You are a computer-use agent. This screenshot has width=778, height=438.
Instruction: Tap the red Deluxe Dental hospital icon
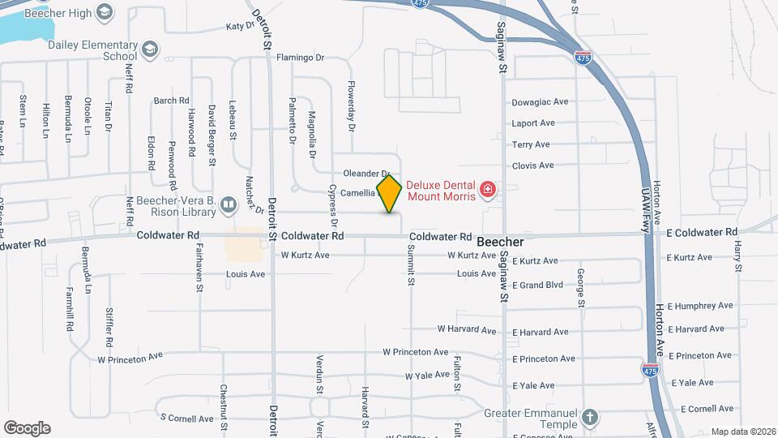[x=487, y=191]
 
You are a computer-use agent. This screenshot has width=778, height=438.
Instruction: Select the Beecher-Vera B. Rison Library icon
[x=229, y=205]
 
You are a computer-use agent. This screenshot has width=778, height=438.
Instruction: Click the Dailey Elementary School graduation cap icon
[x=149, y=50]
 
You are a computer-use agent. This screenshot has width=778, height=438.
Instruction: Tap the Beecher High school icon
[x=104, y=11]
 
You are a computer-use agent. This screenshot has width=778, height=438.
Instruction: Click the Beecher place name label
[x=500, y=243]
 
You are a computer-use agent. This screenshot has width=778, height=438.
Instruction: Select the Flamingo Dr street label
[x=300, y=58]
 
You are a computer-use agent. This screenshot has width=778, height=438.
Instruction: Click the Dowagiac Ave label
[x=541, y=103]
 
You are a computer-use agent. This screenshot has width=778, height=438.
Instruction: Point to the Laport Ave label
[x=533, y=123]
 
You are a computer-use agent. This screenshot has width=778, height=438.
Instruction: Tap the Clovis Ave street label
[x=533, y=165]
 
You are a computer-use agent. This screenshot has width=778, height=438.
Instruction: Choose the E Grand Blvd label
[x=537, y=286]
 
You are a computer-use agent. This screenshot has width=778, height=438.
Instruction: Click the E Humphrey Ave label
[x=703, y=306]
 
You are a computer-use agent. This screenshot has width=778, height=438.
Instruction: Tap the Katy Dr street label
[x=240, y=26]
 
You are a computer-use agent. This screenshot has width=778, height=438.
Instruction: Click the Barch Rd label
[x=171, y=101]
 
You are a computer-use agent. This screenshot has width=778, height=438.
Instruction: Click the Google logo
[x=27, y=428]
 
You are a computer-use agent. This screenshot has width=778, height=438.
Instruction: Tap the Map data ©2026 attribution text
[x=742, y=432]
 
